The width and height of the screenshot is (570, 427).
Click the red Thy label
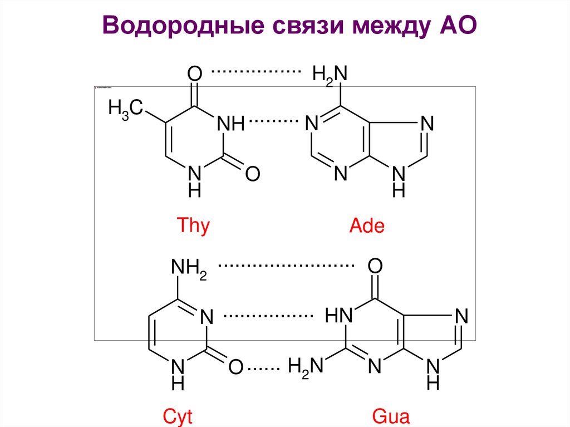(x=193, y=227)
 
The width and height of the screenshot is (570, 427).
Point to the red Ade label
(x=367, y=227)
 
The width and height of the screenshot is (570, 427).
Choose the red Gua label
(x=390, y=417)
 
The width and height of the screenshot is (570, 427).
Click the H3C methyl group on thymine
(x=126, y=108)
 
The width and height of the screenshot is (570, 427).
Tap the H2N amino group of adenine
(x=330, y=75)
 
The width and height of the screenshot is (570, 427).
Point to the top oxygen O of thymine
(x=194, y=73)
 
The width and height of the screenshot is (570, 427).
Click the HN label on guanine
(x=340, y=317)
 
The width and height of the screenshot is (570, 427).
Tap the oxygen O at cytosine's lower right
(x=236, y=367)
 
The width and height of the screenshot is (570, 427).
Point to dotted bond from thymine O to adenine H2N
(x=256, y=72)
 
